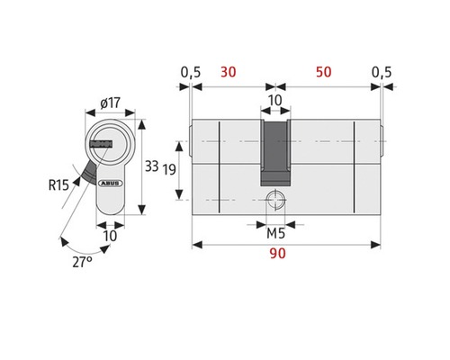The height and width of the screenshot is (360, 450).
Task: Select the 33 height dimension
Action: tap(152, 166)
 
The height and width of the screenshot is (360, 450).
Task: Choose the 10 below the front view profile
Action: tap(111, 236)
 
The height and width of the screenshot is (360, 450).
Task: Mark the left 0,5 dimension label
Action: tap(189, 71)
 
